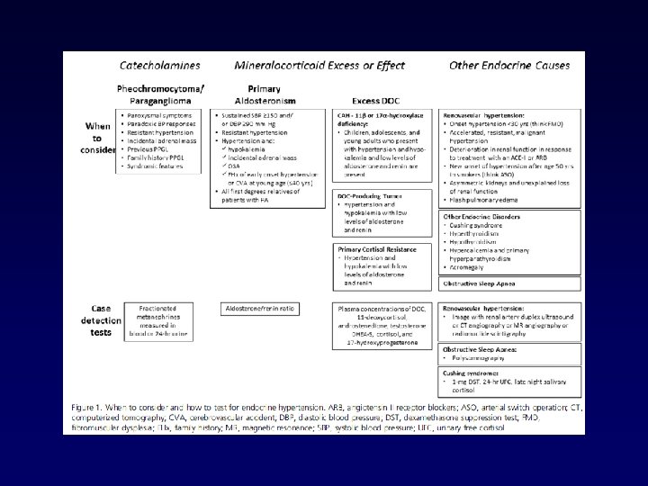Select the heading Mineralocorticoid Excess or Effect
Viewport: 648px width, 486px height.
tap(319, 66)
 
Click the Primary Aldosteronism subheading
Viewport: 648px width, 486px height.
tap(266, 94)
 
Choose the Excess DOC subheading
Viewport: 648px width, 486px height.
tap(378, 100)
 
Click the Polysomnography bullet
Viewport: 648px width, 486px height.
tap(486, 358)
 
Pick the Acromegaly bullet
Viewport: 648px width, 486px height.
tap(468, 268)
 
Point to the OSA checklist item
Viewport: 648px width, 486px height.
tap(236, 151)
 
